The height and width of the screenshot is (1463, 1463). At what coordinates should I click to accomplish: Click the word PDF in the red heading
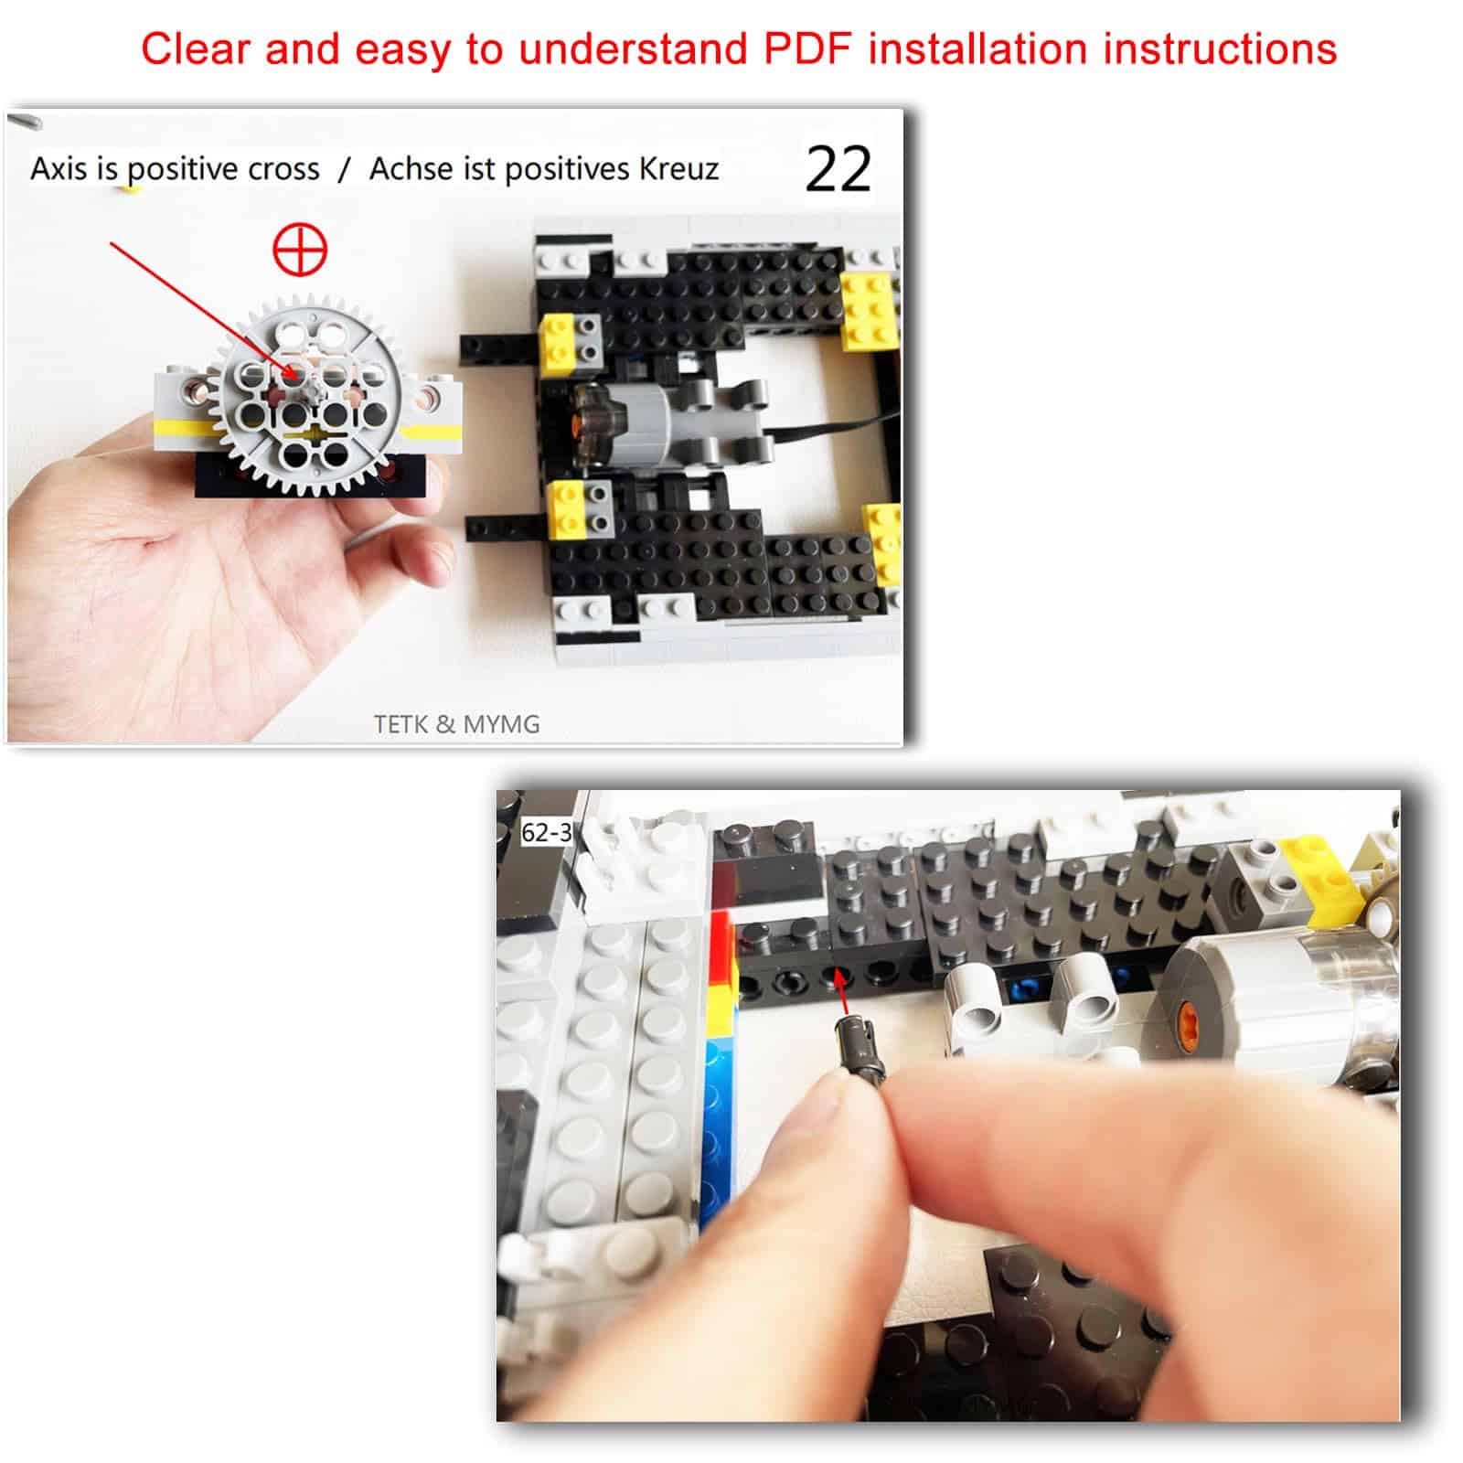coord(808,48)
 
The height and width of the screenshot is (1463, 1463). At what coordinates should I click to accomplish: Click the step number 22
coord(838,169)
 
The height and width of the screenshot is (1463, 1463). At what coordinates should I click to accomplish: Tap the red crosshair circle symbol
coord(301,251)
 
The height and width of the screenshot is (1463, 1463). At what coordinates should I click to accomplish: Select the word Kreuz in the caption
coord(678,169)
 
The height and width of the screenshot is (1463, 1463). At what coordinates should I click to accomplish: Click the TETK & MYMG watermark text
coord(456,724)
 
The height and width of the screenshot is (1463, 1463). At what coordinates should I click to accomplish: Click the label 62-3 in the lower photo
coord(546,833)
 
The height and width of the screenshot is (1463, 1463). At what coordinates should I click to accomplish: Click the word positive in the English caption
coord(192,169)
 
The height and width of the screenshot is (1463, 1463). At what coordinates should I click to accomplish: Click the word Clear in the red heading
coord(196,48)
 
